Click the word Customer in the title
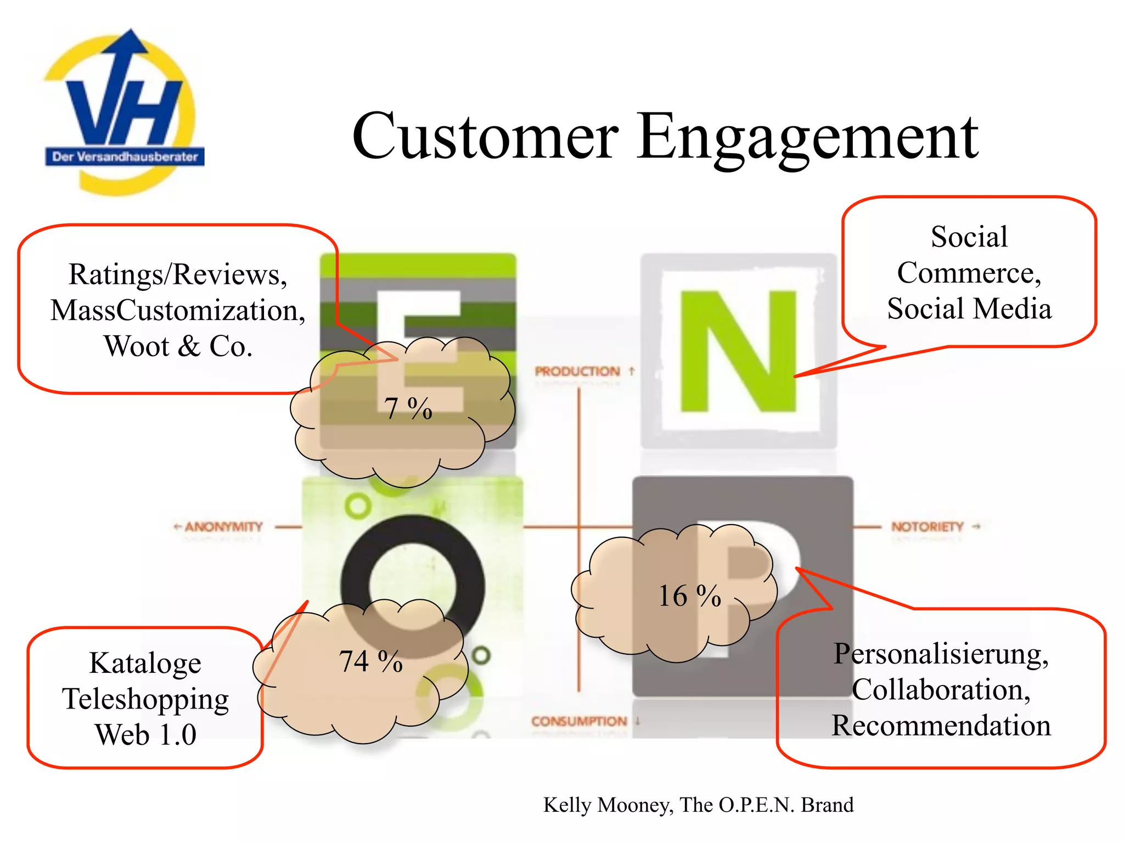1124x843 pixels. coord(485,136)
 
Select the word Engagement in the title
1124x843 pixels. coord(807,137)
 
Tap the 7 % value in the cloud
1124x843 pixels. coord(408,408)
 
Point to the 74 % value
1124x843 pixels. coord(370,661)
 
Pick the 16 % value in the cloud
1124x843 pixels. coord(689,596)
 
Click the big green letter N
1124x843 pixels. coord(738,351)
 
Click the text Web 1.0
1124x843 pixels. coord(145,735)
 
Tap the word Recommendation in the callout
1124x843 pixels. coord(941,726)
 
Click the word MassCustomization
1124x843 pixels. coord(178,311)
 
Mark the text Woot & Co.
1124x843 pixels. coord(178,346)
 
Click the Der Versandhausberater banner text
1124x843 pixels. coord(125,157)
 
